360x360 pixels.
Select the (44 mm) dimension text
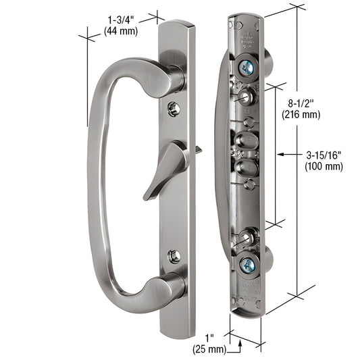coord(122,31)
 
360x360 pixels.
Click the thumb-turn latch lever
coord(168,168)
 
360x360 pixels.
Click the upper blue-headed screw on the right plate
coord(249,68)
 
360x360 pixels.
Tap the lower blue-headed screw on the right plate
coord(249,266)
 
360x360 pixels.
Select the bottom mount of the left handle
coord(169,289)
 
